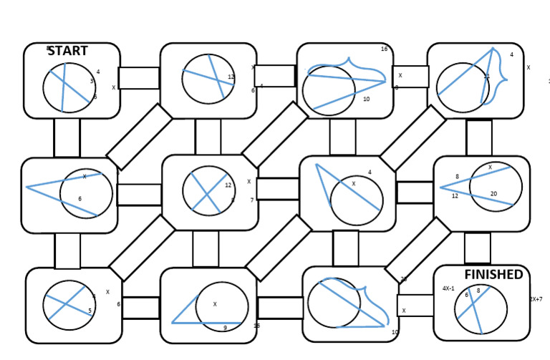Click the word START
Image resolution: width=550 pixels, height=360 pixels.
click(68, 51)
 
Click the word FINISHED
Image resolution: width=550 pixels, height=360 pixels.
click(493, 275)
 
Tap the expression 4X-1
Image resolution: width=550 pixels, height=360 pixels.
click(449, 289)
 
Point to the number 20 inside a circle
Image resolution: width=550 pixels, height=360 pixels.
click(493, 194)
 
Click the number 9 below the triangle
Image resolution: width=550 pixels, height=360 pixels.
click(225, 328)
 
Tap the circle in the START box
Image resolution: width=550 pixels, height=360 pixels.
click(69, 87)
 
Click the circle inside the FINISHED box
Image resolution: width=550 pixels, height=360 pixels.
click(481, 310)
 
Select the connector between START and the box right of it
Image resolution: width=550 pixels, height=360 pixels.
click(139, 78)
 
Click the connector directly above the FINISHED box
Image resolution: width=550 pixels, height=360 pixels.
click(477, 248)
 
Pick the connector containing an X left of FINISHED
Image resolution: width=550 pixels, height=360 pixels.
click(415, 306)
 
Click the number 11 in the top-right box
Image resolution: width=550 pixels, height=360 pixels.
click(487, 76)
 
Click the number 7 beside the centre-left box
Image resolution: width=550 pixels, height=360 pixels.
click(252, 200)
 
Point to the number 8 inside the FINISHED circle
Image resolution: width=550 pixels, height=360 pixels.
click(478, 291)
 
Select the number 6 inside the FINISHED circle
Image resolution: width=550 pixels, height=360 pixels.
click(466, 295)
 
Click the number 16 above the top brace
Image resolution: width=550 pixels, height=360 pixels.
click(385, 49)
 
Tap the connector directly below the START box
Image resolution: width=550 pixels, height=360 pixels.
click(67, 137)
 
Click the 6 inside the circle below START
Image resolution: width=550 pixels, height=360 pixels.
click(80, 199)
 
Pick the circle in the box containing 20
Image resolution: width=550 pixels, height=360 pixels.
click(496, 188)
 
